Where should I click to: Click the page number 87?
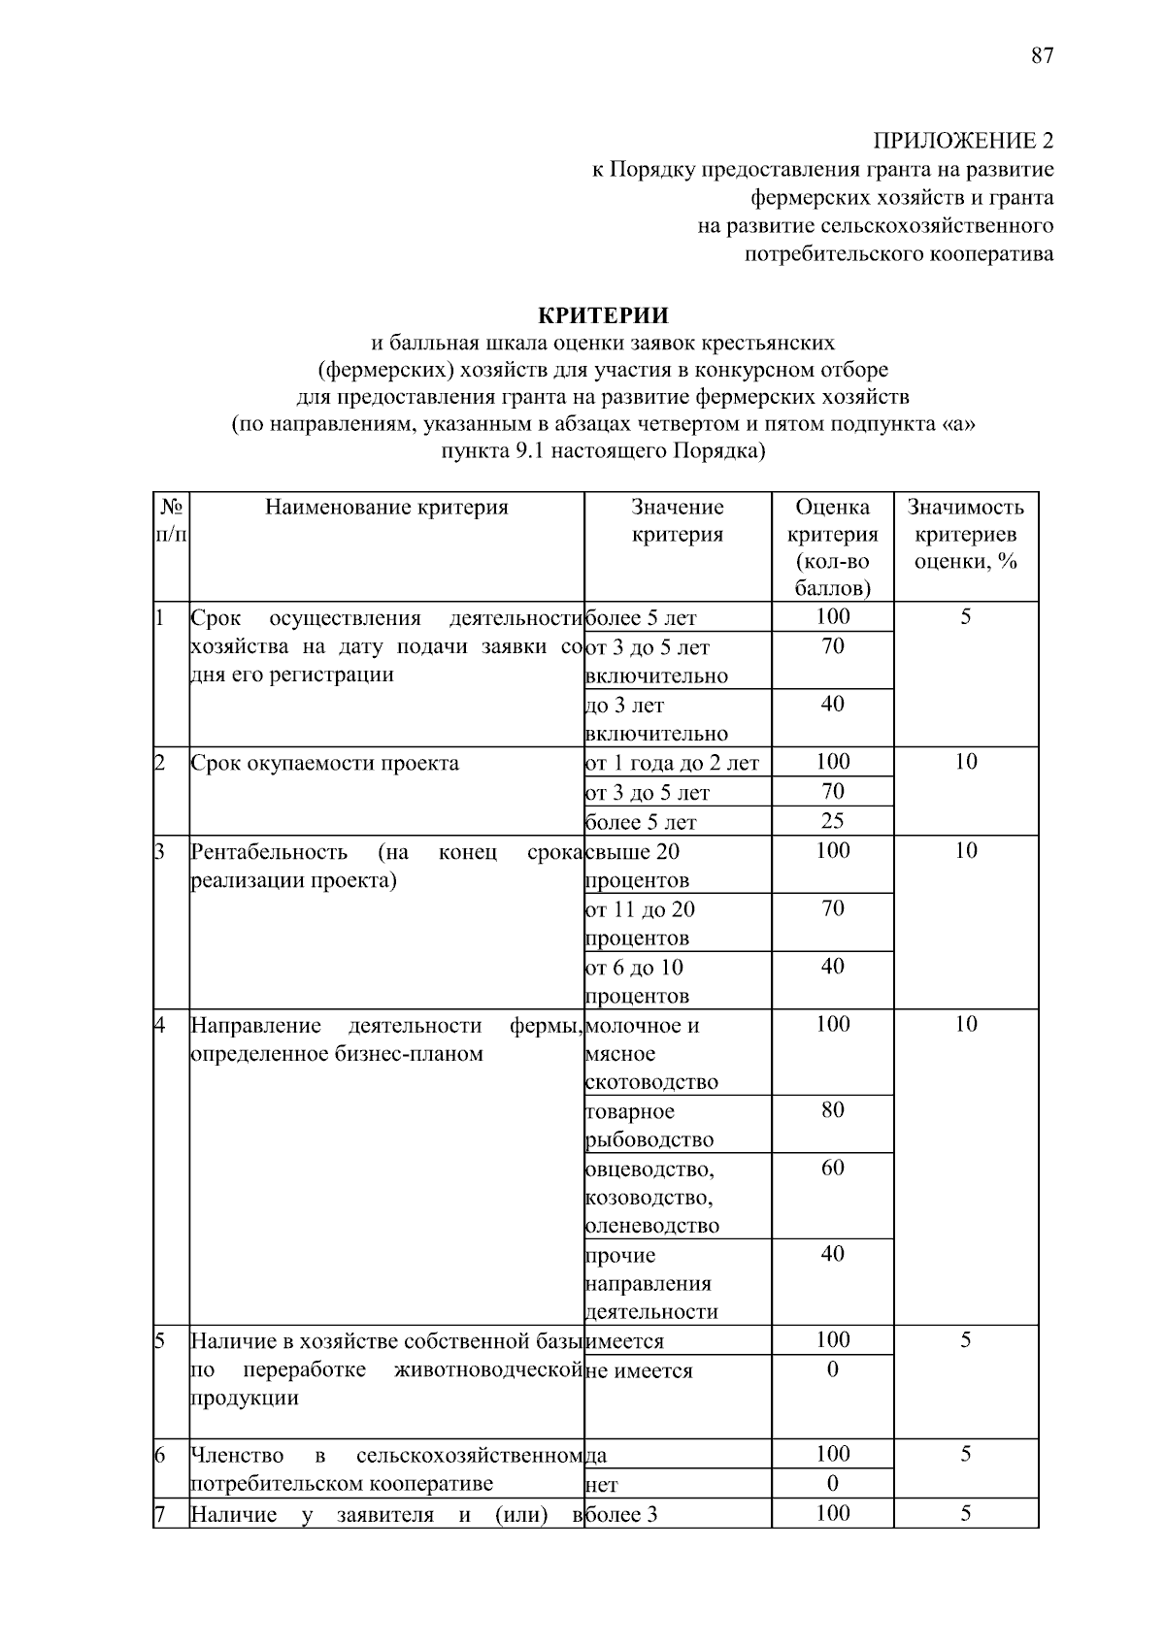[x=1042, y=55]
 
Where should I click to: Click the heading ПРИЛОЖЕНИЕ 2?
[x=962, y=142]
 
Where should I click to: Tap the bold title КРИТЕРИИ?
[x=603, y=315]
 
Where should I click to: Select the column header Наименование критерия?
[x=386, y=507]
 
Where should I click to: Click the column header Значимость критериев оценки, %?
[x=965, y=534]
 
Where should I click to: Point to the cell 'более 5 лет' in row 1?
[x=642, y=618]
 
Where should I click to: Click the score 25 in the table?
[x=832, y=821]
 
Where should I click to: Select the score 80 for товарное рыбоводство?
[x=832, y=1110]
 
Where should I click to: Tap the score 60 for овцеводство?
[x=832, y=1168]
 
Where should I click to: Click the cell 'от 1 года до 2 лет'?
[x=672, y=764]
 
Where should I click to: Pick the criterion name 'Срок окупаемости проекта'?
[x=324, y=763]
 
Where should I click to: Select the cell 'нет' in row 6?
[x=602, y=1485]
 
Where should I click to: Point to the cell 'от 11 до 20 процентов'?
[x=641, y=923]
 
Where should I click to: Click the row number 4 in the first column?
[x=161, y=1025]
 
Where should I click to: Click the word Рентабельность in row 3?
[x=269, y=852]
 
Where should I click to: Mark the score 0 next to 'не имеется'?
[x=832, y=1369]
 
